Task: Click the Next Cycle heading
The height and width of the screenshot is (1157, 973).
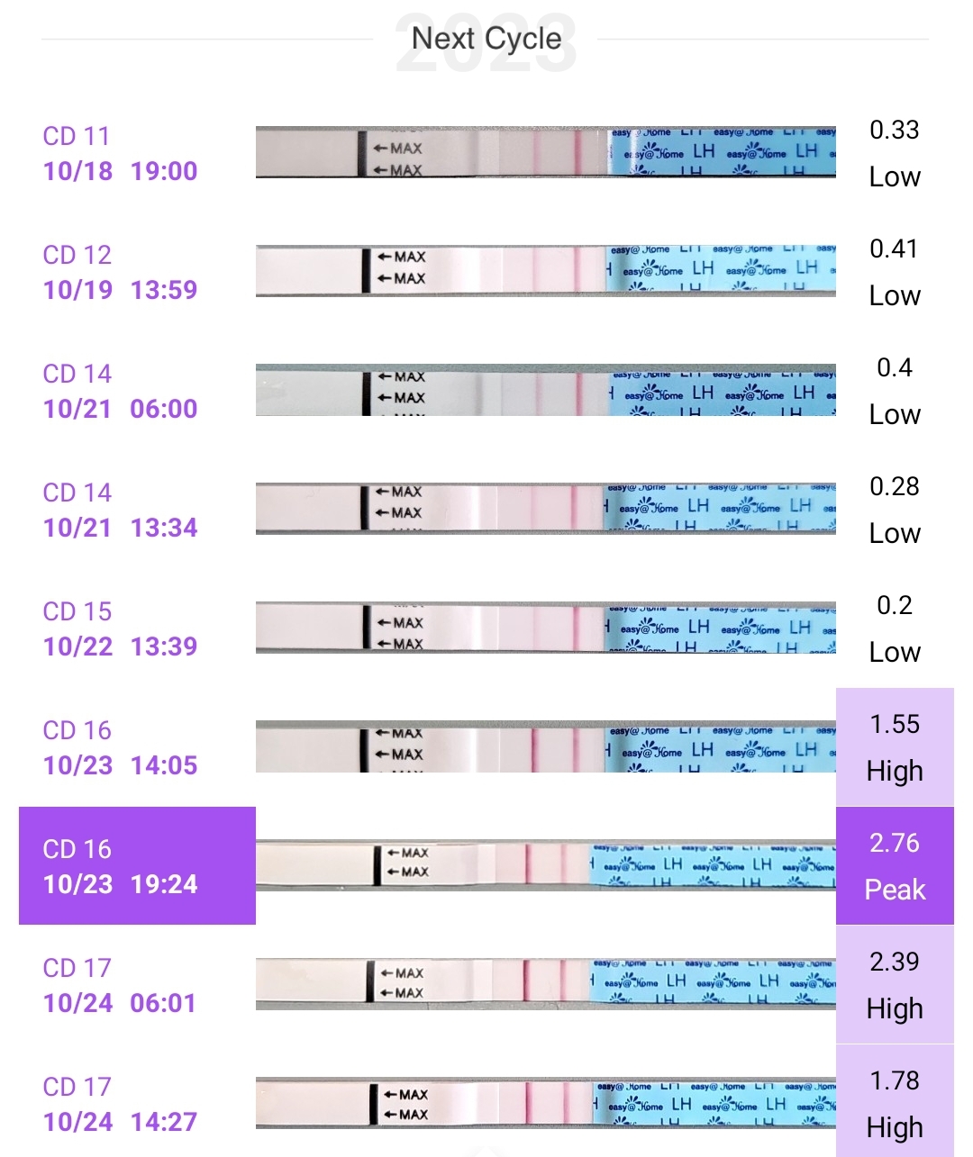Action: tap(486, 39)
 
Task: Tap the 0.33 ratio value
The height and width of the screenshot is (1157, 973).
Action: tap(894, 131)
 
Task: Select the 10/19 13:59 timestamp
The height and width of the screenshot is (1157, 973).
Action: tap(120, 290)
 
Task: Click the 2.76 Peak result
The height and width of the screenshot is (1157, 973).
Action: tap(895, 866)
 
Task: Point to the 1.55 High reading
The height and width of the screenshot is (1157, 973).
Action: tap(895, 747)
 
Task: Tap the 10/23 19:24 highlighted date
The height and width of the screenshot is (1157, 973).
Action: tap(120, 884)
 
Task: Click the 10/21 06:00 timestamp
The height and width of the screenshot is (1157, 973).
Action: tap(120, 409)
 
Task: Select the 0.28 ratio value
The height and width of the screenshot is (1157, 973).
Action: tap(894, 487)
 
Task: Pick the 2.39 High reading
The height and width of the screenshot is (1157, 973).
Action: tap(895, 985)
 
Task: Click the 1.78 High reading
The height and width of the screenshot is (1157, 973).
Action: tap(895, 1104)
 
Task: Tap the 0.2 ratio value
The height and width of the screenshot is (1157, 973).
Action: tap(894, 606)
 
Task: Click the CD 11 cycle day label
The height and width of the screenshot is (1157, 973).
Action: tap(77, 136)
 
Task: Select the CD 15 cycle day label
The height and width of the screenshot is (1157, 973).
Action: tap(77, 611)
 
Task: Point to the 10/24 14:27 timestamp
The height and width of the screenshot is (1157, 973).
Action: tap(120, 1122)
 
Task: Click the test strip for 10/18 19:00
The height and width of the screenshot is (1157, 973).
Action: tap(545, 152)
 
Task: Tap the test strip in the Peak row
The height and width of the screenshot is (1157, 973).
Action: tap(545, 866)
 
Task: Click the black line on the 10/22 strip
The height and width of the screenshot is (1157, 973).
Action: tap(367, 627)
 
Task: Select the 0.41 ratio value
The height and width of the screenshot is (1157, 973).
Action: tap(894, 249)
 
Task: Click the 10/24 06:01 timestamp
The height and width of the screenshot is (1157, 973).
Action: tap(120, 1003)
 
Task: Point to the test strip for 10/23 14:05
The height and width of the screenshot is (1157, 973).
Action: tap(545, 747)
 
